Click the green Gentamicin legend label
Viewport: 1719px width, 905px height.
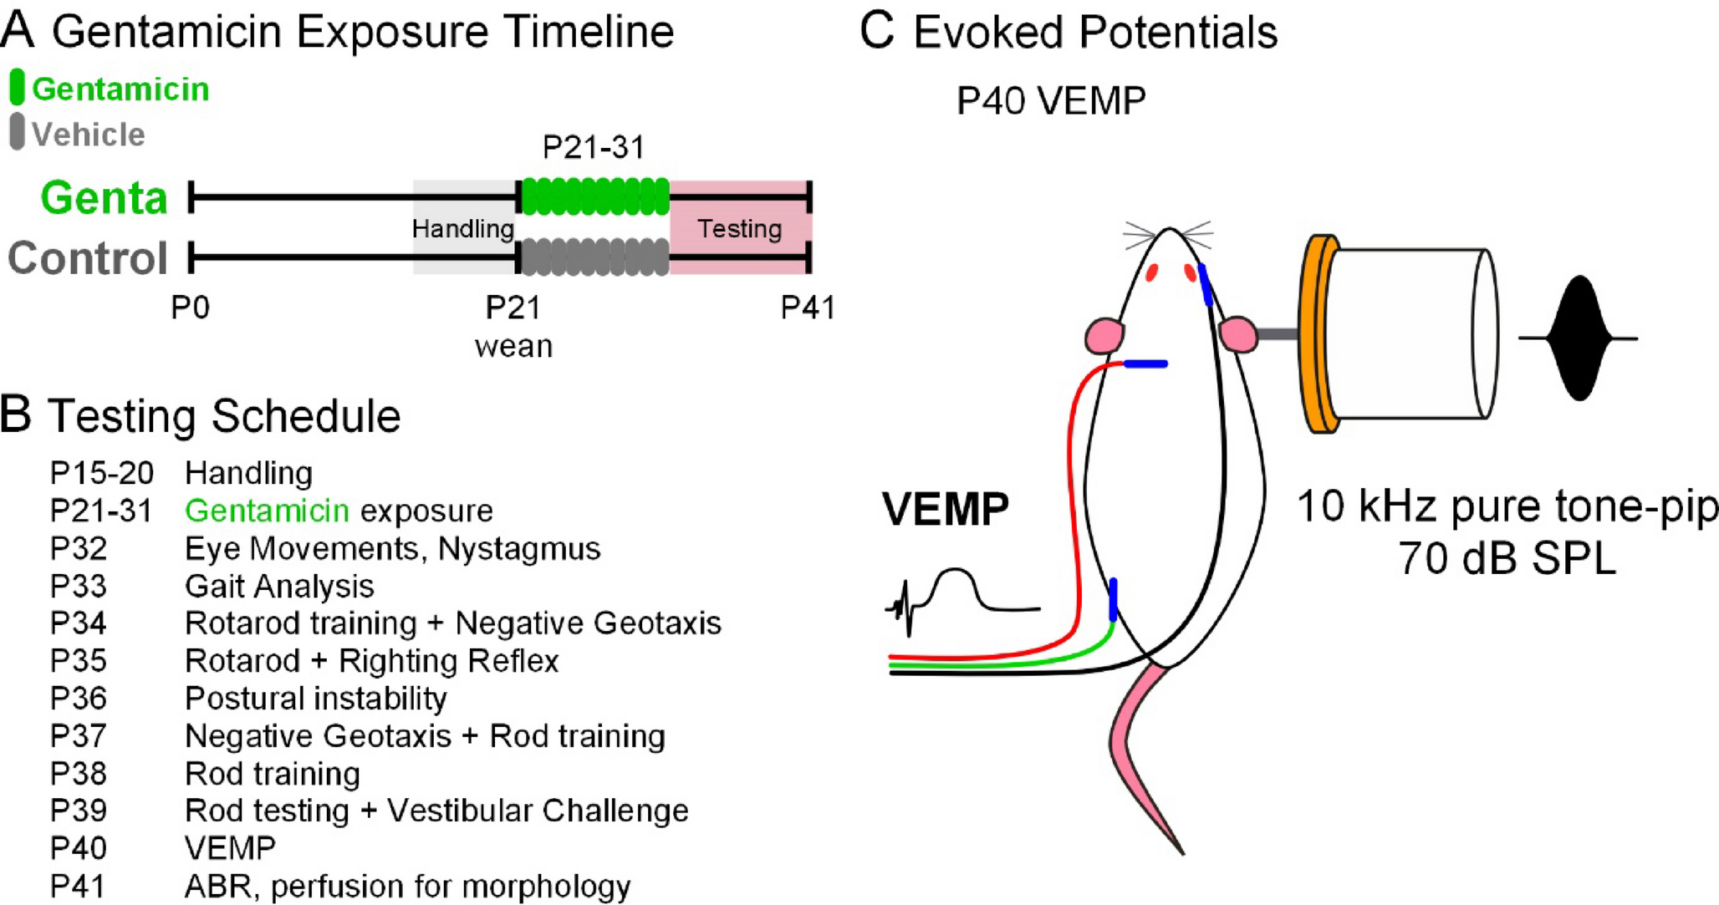[x=120, y=89]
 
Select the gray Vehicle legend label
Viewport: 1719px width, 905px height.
[x=88, y=135]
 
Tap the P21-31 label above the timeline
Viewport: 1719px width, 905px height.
[x=594, y=148]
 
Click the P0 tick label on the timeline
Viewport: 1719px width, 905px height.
[x=190, y=308]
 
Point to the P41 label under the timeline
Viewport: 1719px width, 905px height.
[x=807, y=308]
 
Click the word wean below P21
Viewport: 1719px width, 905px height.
[x=513, y=346]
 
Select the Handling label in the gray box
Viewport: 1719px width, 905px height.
[x=463, y=229]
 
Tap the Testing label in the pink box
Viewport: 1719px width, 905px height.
[x=739, y=229]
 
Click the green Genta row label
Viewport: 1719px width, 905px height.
[x=105, y=199]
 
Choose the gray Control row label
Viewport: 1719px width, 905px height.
[x=88, y=258]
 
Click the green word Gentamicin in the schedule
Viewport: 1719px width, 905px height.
[x=267, y=511]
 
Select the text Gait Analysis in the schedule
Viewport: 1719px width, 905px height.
[x=279, y=586]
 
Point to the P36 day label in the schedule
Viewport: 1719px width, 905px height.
[x=79, y=699]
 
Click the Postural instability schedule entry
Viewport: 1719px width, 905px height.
[x=315, y=699]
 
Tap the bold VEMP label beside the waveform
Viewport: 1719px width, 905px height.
[x=945, y=509]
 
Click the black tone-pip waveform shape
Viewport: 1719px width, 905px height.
[x=1578, y=338]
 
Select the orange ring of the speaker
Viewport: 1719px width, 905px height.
[x=1319, y=334]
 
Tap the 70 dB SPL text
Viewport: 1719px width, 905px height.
[x=1507, y=558]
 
